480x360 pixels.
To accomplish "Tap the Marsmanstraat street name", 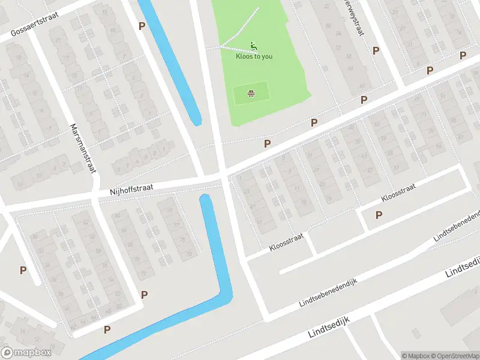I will pyautogui.click(x=83, y=148).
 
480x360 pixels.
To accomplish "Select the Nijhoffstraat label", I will pyautogui.click(x=131, y=189).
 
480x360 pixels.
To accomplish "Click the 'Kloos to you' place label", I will pyautogui.click(x=254, y=56).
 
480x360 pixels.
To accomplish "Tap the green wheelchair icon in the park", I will pyautogui.click(x=254, y=45).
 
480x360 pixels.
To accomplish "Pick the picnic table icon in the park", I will pyautogui.click(x=251, y=93).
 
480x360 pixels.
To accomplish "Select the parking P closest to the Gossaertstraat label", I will pyautogui.click(x=142, y=26).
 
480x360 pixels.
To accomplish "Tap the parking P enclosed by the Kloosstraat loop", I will pyautogui.click(x=379, y=215).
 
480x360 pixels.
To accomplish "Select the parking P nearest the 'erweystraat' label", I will pyautogui.click(x=376, y=51).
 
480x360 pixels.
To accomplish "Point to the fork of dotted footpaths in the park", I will pyautogui.click(x=220, y=46).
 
